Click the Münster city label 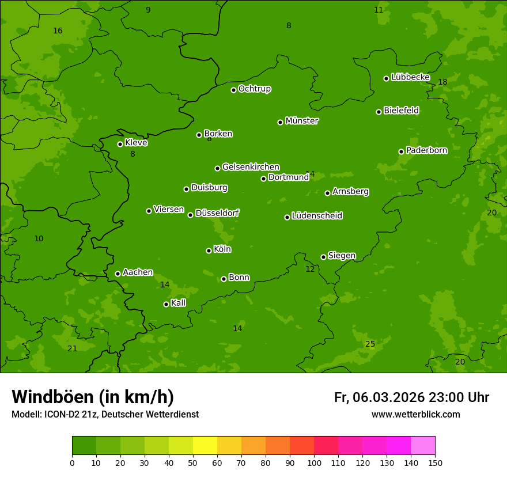(x=302, y=121)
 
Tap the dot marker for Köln (x=209, y=251)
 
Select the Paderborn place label (x=427, y=150)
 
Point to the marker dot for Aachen (x=118, y=274)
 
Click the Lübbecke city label (x=410, y=77)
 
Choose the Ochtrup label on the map (x=255, y=89)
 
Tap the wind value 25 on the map (x=370, y=344)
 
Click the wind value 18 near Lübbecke (x=442, y=82)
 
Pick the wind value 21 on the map (x=72, y=348)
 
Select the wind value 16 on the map (x=58, y=31)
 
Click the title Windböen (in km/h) (x=93, y=397)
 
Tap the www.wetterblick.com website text (x=415, y=414)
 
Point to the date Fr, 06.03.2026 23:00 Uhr (x=411, y=397)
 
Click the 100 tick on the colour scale (x=314, y=462)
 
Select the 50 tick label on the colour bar (x=193, y=462)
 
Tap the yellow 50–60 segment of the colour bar (x=205, y=446)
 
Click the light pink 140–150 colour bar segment (x=423, y=446)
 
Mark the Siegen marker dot (x=323, y=257)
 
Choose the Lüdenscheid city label (x=317, y=216)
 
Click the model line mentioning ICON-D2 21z (x=105, y=415)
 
